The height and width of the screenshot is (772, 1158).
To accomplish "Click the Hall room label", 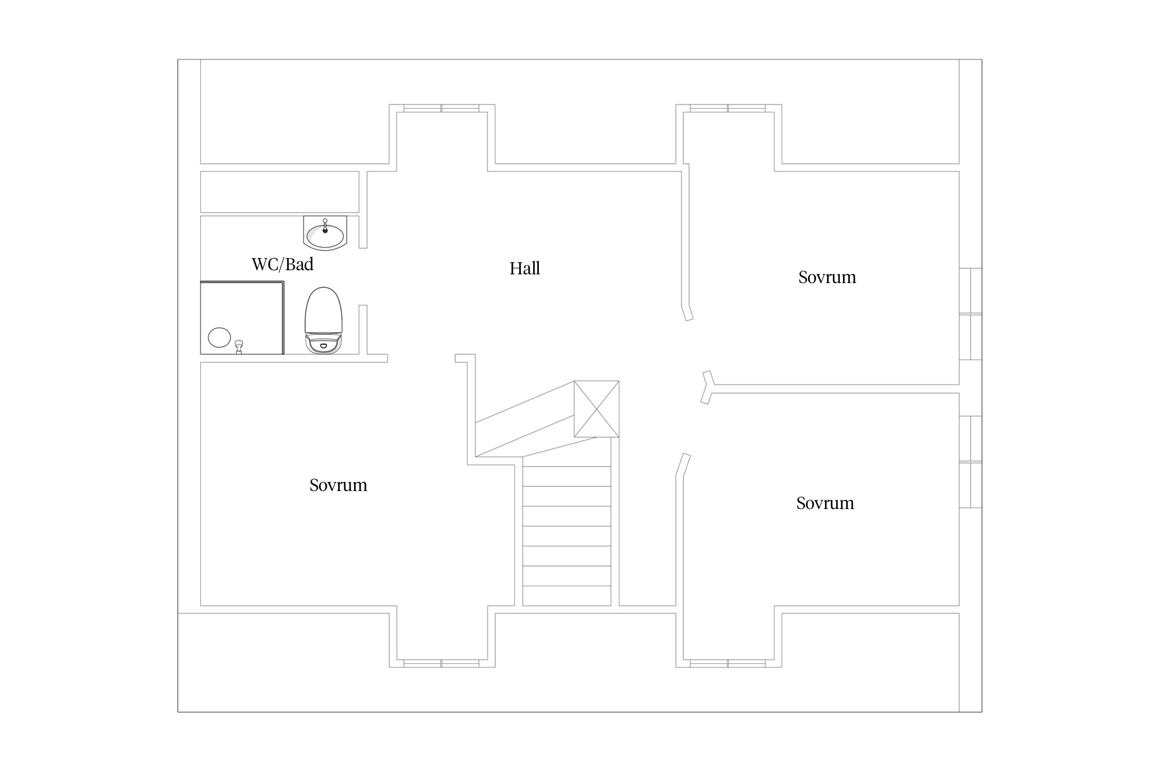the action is pyautogui.click(x=524, y=268).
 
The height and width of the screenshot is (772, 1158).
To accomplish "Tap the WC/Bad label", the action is pyautogui.click(x=283, y=264).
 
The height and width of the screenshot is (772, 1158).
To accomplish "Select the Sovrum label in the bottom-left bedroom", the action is pyautogui.click(x=338, y=485).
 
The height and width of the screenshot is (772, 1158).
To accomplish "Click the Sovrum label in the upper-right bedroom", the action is pyautogui.click(x=827, y=277).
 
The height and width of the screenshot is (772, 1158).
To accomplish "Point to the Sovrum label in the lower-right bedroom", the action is pyautogui.click(x=825, y=503).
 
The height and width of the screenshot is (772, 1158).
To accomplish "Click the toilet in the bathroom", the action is pyautogui.click(x=324, y=321).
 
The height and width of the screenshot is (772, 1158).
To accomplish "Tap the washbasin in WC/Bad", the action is pyautogui.click(x=325, y=233).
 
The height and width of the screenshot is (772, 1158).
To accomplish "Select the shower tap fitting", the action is pyautogui.click(x=239, y=347).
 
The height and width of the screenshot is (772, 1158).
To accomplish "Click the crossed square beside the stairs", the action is pyautogui.click(x=596, y=409).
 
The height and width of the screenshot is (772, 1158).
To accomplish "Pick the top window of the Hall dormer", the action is pyautogui.click(x=442, y=108).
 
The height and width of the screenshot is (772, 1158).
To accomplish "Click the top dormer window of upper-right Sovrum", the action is pyautogui.click(x=728, y=108).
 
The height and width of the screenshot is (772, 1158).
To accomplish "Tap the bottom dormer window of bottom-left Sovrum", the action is pyautogui.click(x=442, y=663).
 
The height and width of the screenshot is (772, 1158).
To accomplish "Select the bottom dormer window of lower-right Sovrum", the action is pyautogui.click(x=728, y=663).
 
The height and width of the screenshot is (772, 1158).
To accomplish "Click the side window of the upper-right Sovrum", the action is pyautogui.click(x=971, y=314).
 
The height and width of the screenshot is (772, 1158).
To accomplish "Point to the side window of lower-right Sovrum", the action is pyautogui.click(x=971, y=462).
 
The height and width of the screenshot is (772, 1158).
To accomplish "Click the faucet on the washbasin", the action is pyautogui.click(x=325, y=226).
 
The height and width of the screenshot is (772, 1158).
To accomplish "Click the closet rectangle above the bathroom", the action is pyautogui.click(x=279, y=191).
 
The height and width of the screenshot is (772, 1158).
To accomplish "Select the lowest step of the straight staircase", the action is pyautogui.click(x=567, y=595).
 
